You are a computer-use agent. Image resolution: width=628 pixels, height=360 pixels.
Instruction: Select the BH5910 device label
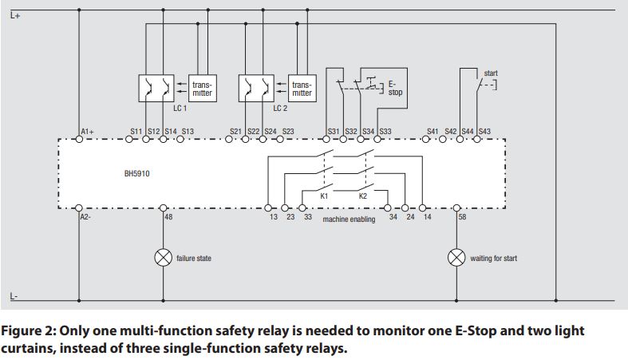(x=136, y=172)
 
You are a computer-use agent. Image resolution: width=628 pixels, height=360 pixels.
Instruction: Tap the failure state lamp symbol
(x=164, y=257)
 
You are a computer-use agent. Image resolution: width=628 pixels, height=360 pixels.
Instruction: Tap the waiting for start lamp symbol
(x=456, y=258)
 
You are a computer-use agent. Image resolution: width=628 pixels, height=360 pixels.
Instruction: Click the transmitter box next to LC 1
(x=202, y=88)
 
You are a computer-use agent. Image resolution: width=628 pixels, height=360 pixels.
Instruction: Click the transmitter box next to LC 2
(x=302, y=88)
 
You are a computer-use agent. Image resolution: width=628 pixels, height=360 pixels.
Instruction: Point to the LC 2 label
(x=280, y=108)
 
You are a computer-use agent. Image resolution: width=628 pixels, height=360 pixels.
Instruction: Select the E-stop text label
(x=395, y=88)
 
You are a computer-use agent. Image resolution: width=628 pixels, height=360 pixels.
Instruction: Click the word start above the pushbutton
(x=491, y=73)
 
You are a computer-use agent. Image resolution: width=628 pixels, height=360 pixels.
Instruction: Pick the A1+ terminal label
(x=88, y=131)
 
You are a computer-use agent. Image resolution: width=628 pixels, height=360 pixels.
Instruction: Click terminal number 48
(x=168, y=216)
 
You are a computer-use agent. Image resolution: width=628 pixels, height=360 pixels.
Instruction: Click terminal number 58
(x=461, y=216)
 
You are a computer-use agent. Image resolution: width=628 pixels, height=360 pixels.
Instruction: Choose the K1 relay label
(x=325, y=196)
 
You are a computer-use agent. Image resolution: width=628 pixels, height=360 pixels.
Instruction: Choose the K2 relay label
(x=363, y=196)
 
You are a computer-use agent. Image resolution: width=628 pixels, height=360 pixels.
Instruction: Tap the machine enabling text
(x=349, y=219)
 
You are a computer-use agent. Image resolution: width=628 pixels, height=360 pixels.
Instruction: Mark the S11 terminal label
(x=136, y=131)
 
